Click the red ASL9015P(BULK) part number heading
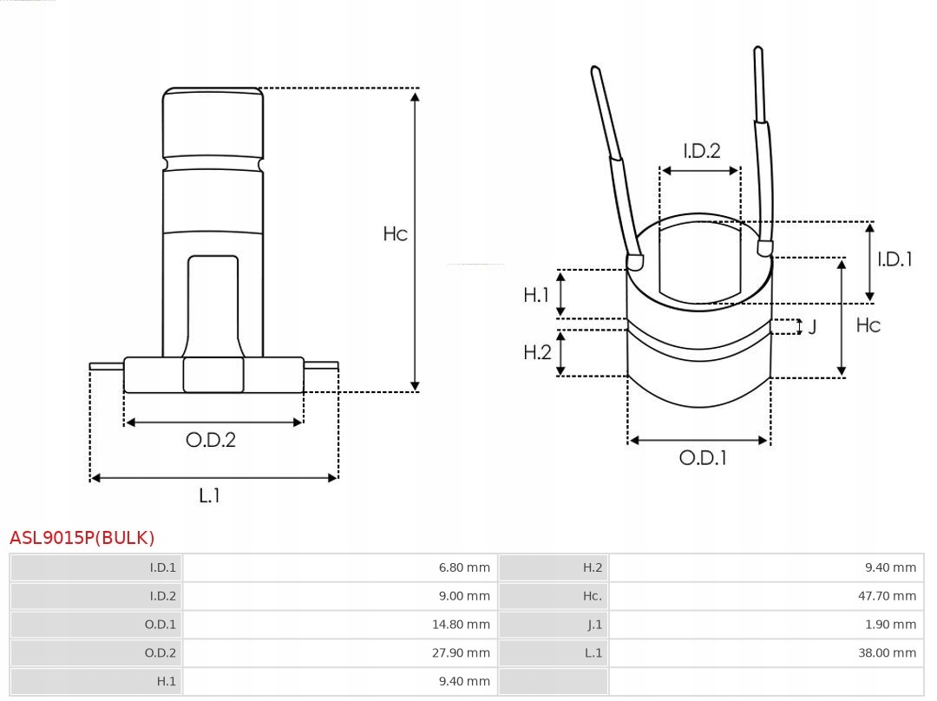tap(82, 538)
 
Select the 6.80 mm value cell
tap(464, 568)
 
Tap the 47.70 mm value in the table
tap(886, 596)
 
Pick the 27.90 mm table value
tap(464, 652)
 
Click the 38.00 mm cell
tap(887, 652)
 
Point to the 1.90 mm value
tap(890, 625)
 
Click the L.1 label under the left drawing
tap(210, 495)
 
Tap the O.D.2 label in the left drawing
tap(211, 440)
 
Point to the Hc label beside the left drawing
tap(396, 233)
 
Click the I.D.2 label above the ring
tap(701, 151)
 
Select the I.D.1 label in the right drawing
tap(894, 259)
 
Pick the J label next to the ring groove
tap(812, 328)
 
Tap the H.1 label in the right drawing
tap(536, 295)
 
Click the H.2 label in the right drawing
tap(537, 351)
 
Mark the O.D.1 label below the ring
tap(702, 458)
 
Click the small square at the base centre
tap(213, 375)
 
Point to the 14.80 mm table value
tap(464, 625)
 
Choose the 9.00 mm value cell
tap(464, 596)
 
